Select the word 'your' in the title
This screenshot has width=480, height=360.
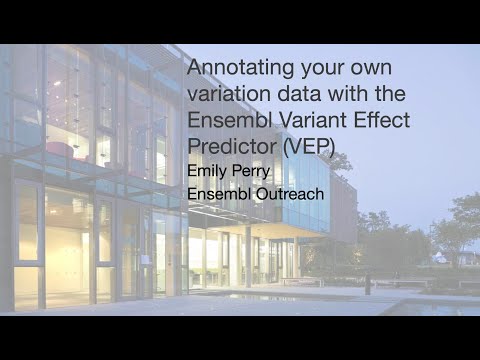(320, 69)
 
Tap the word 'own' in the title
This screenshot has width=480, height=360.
(370, 69)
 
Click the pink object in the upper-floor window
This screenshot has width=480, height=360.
(60, 150)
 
